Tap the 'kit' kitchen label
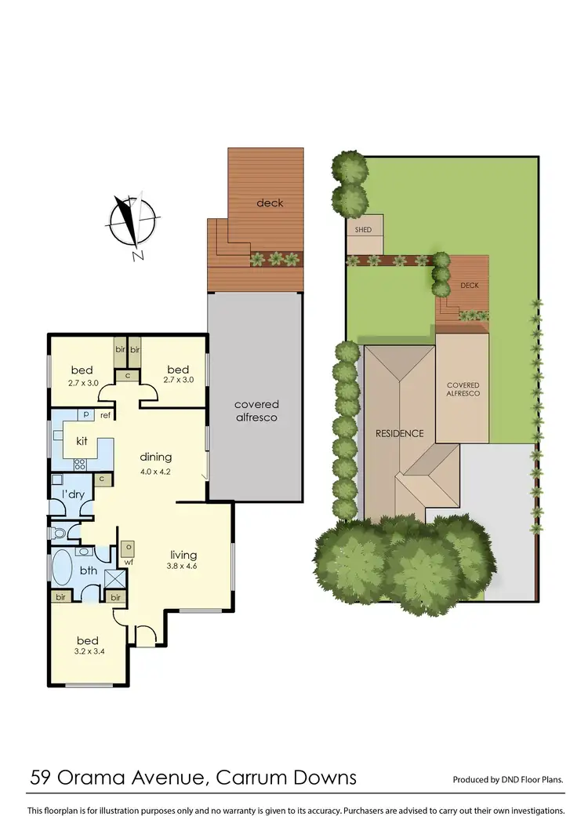(81, 442)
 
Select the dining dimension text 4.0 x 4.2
(155, 472)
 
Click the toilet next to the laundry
(58, 534)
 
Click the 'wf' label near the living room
(128, 563)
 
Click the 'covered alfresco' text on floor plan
(256, 410)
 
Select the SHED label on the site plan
(363, 230)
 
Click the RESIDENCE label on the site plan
(399, 433)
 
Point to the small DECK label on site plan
(469, 286)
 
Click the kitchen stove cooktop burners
(79, 464)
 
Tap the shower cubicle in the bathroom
(115, 580)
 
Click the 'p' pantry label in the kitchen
(85, 415)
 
